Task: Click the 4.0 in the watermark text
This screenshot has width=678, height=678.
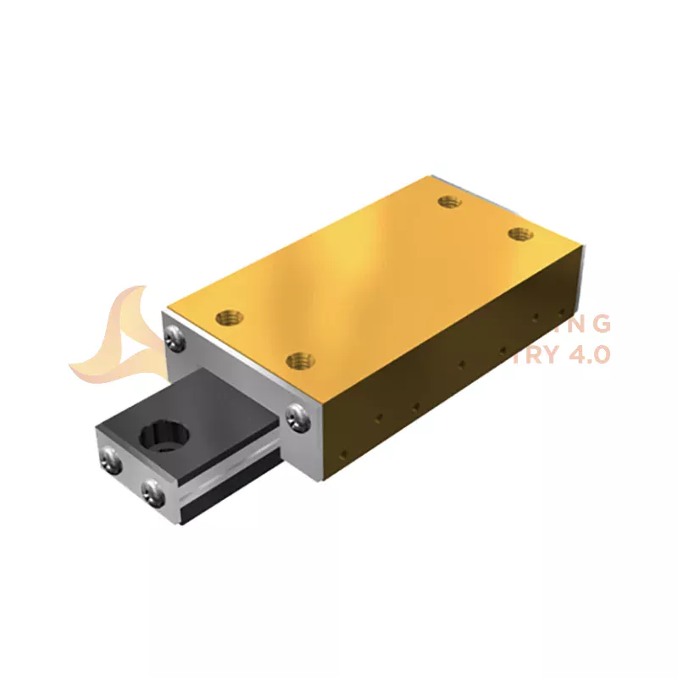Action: (585, 354)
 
